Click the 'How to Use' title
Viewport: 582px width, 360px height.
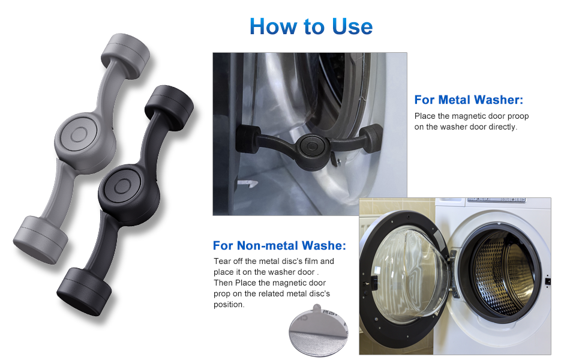[x=311, y=26]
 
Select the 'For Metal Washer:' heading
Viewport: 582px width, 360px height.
[x=469, y=100]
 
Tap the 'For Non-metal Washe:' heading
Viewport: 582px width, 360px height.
[x=279, y=245]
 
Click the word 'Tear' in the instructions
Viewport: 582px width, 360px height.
[x=223, y=261]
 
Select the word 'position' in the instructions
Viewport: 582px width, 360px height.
[x=229, y=304]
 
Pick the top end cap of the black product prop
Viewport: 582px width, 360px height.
[x=171, y=103]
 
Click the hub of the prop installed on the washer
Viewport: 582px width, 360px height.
[x=310, y=145]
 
